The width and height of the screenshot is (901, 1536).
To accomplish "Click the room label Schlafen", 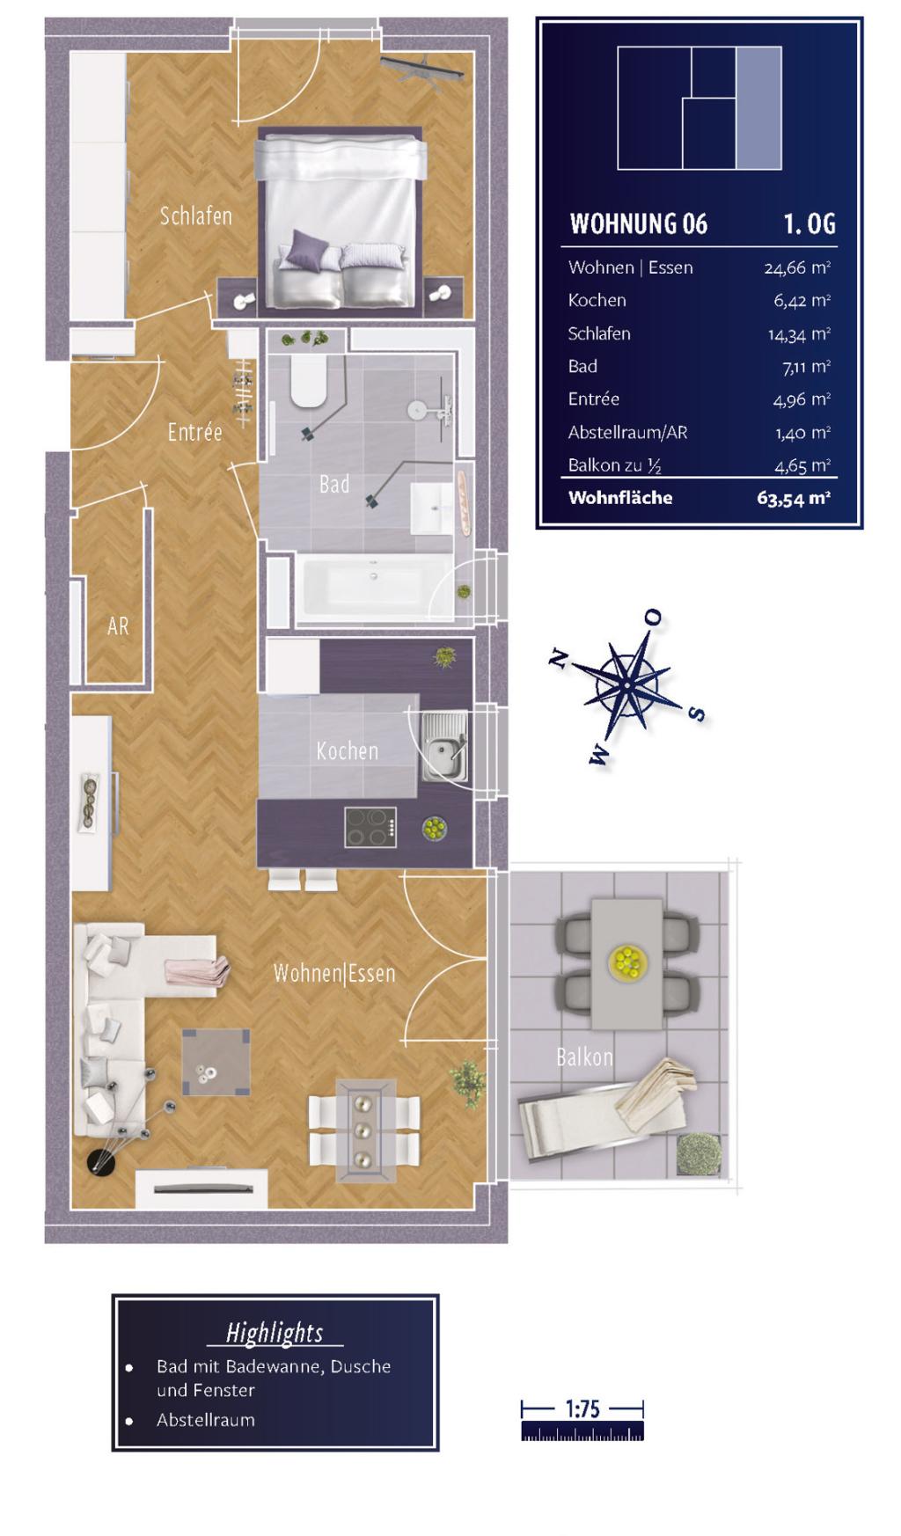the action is click(x=195, y=216).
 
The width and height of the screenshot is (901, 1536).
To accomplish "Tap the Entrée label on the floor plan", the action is click(x=194, y=432).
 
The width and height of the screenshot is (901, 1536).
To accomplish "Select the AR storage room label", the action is click(x=118, y=626).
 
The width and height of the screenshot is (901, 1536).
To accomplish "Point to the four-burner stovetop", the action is click(x=370, y=827).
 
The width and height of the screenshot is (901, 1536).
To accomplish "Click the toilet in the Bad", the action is click(x=309, y=382).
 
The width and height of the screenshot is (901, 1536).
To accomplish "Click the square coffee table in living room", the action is click(x=216, y=1062).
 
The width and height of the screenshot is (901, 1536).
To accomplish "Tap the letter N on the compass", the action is click(x=557, y=658).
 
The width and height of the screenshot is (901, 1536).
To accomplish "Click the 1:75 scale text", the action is click(x=582, y=1408).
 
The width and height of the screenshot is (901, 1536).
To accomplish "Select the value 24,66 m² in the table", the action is click(x=797, y=267).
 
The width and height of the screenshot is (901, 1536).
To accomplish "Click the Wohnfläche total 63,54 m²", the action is click(x=794, y=499).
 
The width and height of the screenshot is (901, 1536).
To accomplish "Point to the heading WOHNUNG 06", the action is click(x=639, y=224).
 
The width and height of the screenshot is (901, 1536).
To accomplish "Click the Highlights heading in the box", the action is click(x=275, y=1333).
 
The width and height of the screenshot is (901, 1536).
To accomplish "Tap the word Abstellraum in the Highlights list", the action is click(x=206, y=1420).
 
